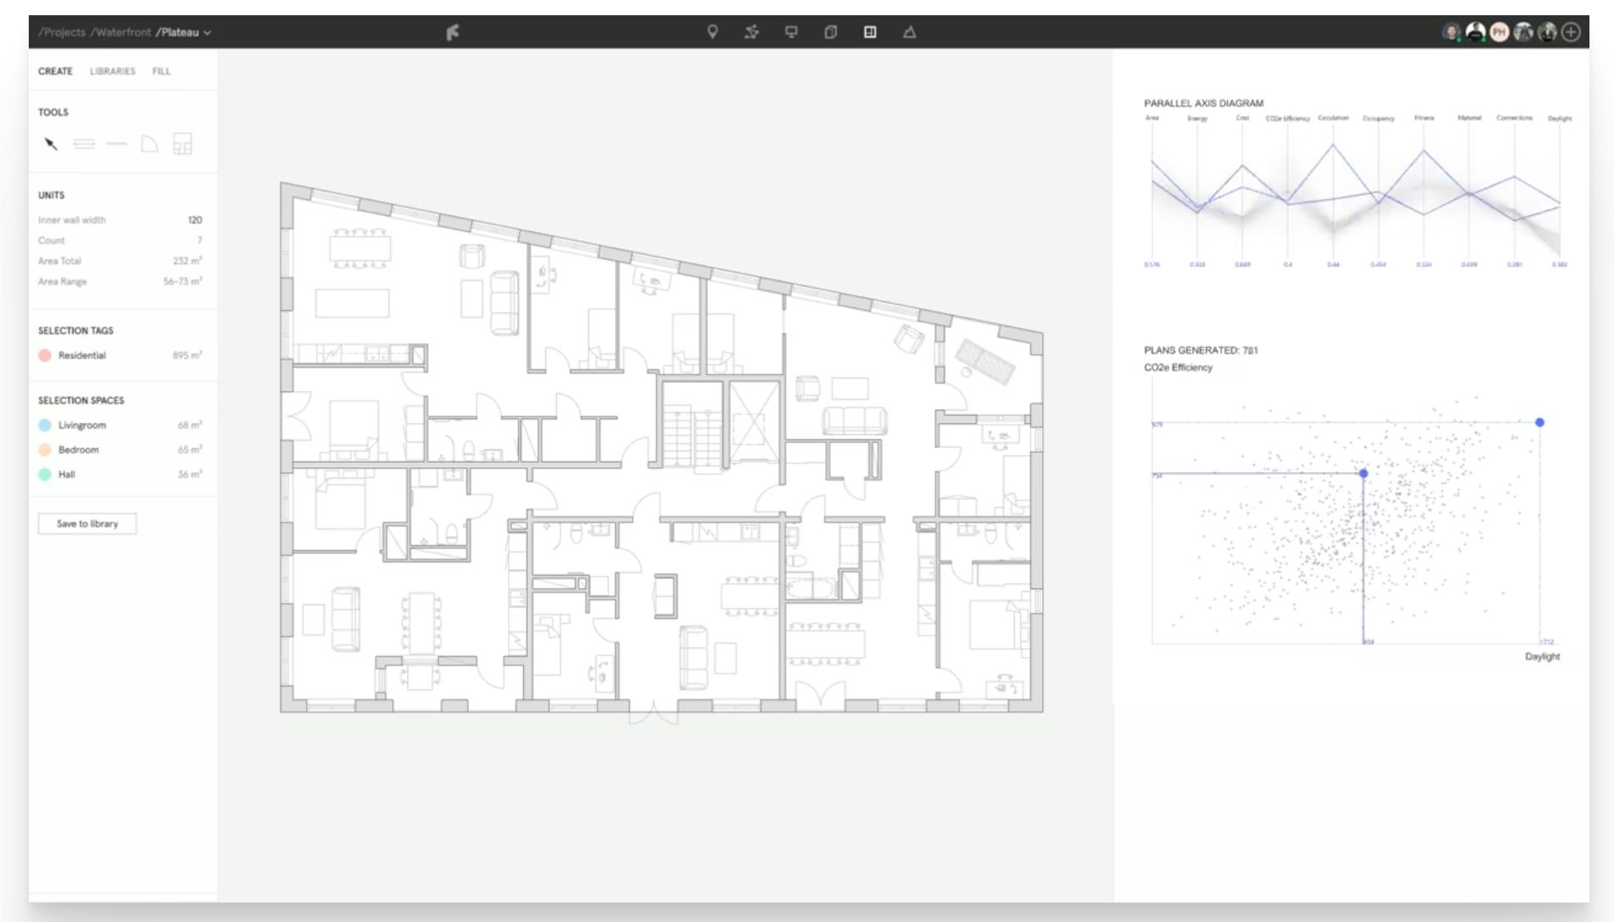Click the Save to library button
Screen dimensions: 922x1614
87,524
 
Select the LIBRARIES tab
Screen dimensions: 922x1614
113,71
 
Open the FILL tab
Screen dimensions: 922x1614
161,71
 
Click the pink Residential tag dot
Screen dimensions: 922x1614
45,356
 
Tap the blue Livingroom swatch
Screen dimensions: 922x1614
45,425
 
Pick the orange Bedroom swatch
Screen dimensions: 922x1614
45,450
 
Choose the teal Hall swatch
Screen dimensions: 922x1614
45,474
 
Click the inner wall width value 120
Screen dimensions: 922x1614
195,220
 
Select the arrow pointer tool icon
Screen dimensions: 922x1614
51,144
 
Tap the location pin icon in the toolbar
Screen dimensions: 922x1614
713,32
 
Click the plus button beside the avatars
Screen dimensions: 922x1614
1571,32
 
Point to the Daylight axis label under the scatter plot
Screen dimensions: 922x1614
1542,656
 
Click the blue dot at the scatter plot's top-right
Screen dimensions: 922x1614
1540,422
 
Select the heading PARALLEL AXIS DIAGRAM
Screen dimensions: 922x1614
1204,103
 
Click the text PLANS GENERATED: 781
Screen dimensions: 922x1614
1201,351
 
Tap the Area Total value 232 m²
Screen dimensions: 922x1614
187,261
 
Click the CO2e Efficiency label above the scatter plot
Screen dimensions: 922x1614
1178,367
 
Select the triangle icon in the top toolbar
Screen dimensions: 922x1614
909,32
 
